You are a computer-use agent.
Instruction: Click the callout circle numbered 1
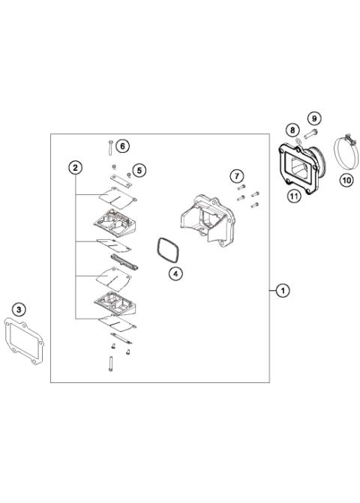click(x=282, y=289)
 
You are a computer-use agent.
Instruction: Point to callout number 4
click(x=175, y=274)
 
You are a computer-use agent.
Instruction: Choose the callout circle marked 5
click(x=139, y=170)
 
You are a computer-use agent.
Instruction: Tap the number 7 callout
click(x=236, y=176)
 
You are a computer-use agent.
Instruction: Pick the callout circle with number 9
click(x=314, y=118)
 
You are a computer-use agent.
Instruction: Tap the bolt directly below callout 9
click(x=311, y=134)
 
